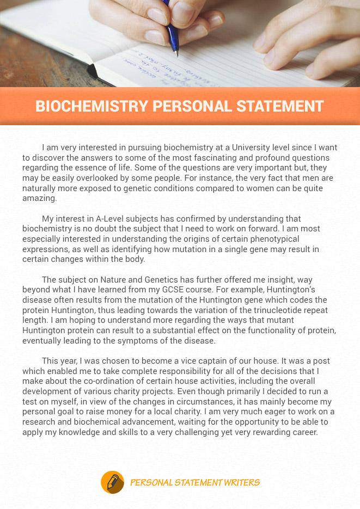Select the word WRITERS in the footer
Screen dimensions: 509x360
(x=242, y=482)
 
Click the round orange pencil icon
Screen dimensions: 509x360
(x=113, y=482)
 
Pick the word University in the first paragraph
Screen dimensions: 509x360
(x=253, y=148)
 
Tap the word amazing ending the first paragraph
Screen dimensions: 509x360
(x=39, y=199)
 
